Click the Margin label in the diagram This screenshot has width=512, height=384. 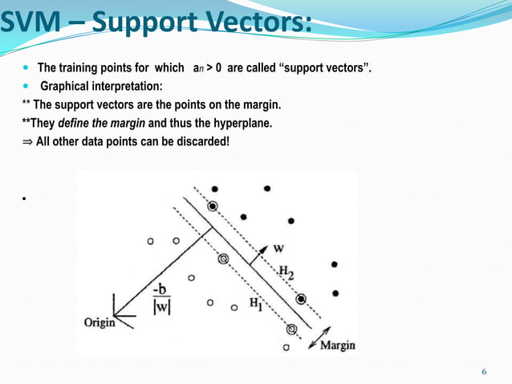coord(338,345)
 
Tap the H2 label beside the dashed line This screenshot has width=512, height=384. coord(286,272)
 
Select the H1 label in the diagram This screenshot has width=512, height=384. coord(255,304)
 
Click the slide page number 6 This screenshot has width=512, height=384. coord(484,370)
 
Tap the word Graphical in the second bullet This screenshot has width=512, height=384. coord(66,87)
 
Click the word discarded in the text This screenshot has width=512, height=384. coord(201,142)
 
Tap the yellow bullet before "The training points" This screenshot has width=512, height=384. coord(25,69)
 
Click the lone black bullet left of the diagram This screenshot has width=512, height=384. coord(26,198)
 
